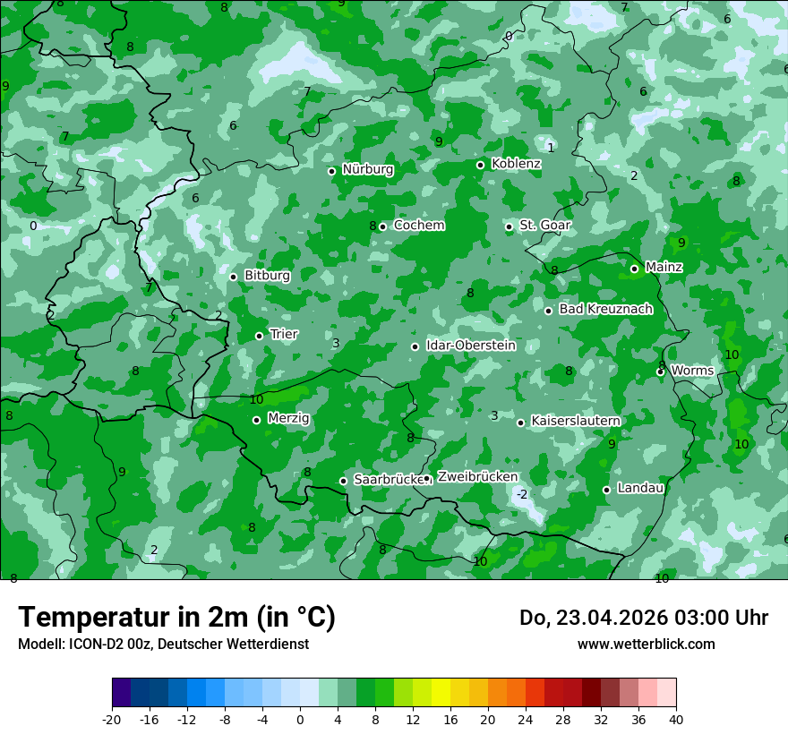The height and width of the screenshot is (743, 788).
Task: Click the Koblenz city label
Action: coord(516,164)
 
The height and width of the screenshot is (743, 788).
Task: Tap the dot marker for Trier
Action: coord(260,336)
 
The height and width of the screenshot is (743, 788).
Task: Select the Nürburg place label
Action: coord(367,169)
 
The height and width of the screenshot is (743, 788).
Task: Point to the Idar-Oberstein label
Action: coord(470,346)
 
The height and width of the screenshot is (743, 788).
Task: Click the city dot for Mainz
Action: coord(634,269)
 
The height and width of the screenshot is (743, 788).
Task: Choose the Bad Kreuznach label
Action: coord(605,309)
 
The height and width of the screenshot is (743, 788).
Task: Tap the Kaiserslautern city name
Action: coord(576,421)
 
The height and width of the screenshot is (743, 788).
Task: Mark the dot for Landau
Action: coord(607,490)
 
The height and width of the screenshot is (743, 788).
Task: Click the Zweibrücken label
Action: coord(477,476)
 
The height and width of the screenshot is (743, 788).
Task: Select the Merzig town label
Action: coord(288,418)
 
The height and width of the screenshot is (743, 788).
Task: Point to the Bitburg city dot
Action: coord(234,277)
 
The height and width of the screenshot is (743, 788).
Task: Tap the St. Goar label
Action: coord(545,226)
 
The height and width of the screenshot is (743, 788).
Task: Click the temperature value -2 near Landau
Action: coord(522,494)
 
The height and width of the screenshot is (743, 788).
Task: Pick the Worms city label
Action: coord(692,371)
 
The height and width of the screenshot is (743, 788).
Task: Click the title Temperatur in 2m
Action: coord(176,618)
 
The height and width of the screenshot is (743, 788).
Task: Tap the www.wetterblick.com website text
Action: coord(646,644)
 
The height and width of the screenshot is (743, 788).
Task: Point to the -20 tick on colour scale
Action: coord(112,719)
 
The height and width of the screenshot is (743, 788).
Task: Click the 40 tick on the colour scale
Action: coord(676,719)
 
